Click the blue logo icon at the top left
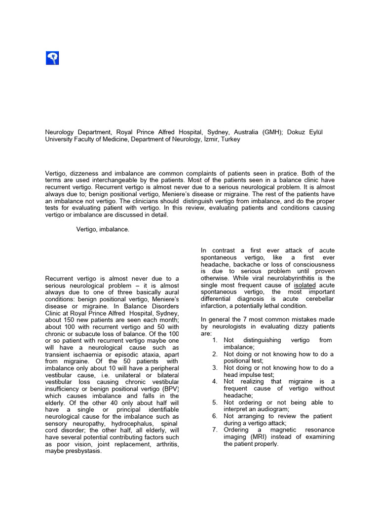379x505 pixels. tap(52, 59)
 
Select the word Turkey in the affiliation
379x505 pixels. tap(230, 140)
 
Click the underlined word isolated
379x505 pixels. tap(305, 285)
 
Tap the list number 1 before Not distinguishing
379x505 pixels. tap(215, 340)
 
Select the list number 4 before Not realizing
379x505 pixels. tap(215, 382)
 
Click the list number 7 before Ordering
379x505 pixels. tap(215, 430)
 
